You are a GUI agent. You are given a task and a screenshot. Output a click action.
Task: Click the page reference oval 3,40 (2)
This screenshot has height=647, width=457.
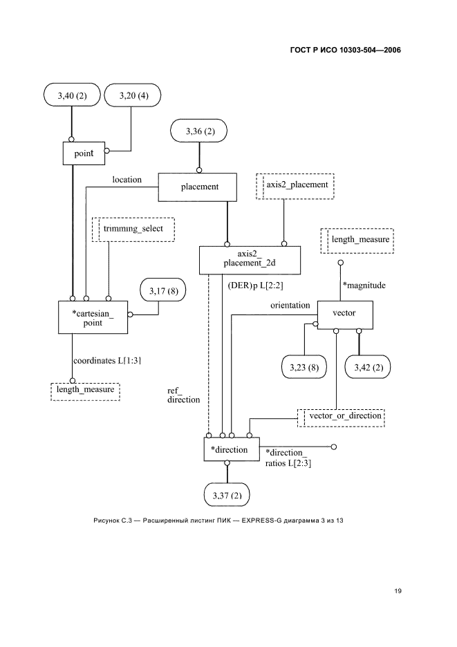[x=71, y=96]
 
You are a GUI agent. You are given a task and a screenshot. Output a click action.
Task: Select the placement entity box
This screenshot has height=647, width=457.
[x=199, y=187]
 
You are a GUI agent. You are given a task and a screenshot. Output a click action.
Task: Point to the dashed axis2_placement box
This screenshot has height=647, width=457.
[x=295, y=186]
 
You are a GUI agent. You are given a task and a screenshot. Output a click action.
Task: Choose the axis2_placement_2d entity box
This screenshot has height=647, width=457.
[x=250, y=259]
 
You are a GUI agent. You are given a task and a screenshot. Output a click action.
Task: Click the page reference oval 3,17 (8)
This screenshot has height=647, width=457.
[x=164, y=292]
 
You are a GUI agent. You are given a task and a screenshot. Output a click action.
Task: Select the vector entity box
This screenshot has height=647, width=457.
[x=344, y=314]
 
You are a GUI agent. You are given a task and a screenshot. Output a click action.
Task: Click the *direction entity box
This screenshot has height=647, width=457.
[x=231, y=449]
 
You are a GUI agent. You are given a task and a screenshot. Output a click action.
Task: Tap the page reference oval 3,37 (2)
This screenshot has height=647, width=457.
[x=227, y=494]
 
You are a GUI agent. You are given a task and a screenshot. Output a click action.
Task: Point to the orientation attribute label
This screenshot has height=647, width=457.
[x=290, y=306]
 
